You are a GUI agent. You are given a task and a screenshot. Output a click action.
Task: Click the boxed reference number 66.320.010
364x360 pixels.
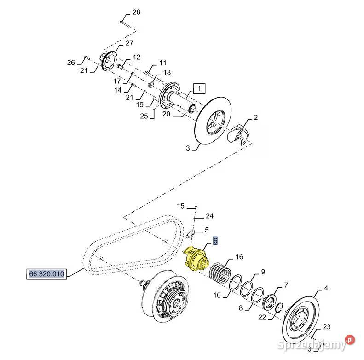[46, 274]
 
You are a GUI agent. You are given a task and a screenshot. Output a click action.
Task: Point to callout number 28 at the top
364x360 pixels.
[136, 12]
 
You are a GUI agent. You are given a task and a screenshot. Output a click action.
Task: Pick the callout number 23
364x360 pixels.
[326, 327]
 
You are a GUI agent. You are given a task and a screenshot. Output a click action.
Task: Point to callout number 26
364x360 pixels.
[70, 63]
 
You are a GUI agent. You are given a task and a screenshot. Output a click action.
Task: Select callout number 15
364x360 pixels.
[180, 206]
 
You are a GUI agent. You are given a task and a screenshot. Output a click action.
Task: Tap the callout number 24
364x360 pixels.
[209, 215]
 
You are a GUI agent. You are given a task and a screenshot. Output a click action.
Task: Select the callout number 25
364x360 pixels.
[144, 116]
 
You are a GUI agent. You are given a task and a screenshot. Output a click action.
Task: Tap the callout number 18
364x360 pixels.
[167, 73]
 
